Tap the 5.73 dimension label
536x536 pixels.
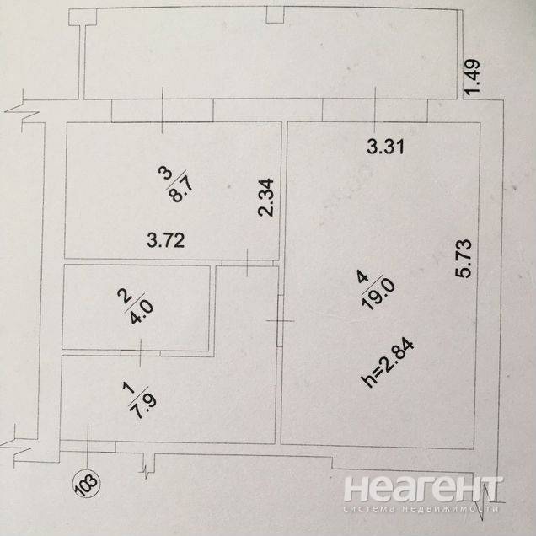[x=470, y=262]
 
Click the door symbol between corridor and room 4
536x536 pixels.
[x=278, y=321]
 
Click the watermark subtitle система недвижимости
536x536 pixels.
[x=425, y=509]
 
